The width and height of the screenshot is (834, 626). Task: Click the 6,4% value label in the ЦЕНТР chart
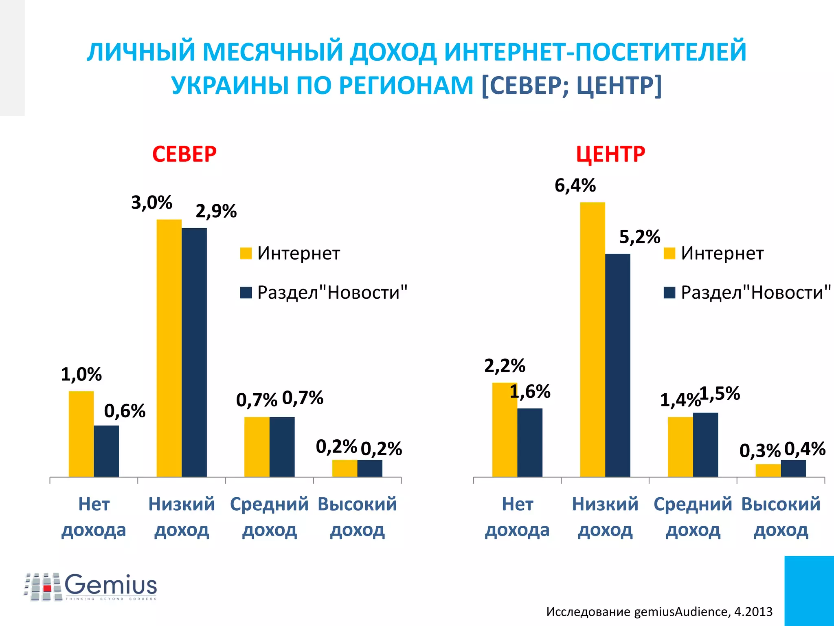575,186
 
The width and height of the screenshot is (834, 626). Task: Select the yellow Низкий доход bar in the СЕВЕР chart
169,348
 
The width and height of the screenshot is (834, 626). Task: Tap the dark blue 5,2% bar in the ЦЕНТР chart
617,365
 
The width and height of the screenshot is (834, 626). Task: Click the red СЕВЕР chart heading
184,154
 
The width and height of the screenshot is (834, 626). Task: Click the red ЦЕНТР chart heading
610,154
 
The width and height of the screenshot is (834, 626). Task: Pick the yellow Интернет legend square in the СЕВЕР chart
246,253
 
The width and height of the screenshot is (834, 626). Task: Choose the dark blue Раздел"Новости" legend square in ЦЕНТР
669,293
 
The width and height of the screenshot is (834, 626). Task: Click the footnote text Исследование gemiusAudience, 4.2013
659,611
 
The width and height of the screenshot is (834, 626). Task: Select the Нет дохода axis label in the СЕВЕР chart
94,517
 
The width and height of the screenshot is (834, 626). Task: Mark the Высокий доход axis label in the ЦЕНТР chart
781,517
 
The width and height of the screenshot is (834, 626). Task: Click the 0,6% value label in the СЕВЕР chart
125,411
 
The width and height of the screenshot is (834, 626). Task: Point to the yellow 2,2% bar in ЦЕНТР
505,430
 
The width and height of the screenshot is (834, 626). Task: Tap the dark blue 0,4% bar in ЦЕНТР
793,468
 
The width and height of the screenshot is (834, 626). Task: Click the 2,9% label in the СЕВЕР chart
216,212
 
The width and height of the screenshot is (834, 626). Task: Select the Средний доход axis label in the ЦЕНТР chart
693,517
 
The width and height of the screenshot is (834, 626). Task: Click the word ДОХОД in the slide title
393,52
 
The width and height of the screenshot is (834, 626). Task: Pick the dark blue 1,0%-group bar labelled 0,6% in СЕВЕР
106,451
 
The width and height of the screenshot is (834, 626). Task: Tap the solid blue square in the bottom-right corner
809,591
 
